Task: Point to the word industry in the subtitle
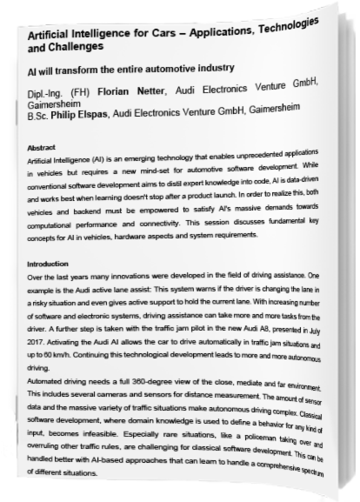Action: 210,68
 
